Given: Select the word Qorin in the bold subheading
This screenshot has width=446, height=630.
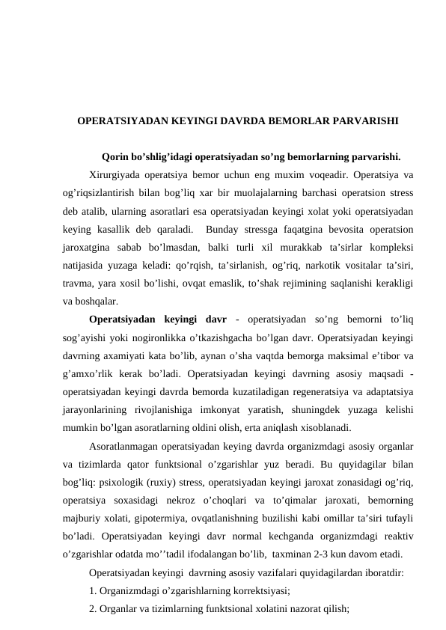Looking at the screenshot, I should (x=114, y=157).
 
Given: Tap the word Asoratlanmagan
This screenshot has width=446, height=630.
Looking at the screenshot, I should (x=123, y=444).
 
